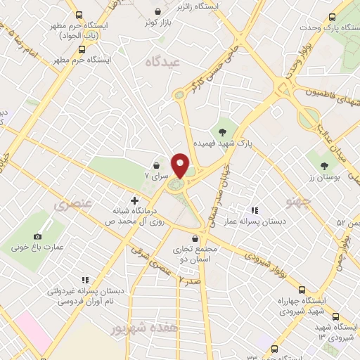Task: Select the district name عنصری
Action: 68,205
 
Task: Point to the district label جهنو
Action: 297,202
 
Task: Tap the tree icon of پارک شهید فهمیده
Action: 222,131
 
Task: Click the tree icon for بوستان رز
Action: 324,167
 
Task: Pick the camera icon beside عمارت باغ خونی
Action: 37,238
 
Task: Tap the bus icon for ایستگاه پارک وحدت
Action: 331,18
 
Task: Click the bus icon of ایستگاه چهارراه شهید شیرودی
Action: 302,290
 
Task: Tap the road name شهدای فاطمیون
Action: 324,98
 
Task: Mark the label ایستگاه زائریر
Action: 218,6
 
